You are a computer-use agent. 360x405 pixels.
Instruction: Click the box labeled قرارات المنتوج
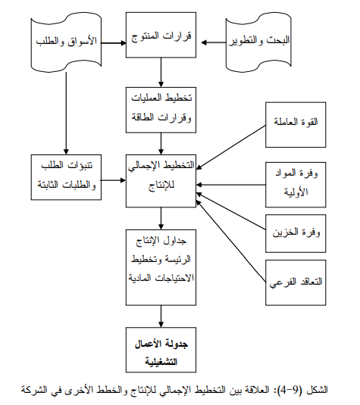coord(161,35)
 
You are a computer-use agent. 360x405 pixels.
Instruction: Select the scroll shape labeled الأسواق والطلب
coord(66,42)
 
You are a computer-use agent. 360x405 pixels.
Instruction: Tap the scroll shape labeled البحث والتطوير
coord(258,42)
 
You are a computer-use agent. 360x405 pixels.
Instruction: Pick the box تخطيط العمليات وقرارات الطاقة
coord(161,110)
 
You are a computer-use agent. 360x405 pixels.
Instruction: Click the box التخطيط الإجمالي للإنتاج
coord(161,181)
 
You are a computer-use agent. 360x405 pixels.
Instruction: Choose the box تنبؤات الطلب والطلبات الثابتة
coord(66,177)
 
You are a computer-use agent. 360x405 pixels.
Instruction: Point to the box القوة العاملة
coord(296,125)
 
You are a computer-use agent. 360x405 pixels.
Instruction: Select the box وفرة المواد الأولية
coord(296,185)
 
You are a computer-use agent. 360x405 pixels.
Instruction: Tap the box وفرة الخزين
coord(296,233)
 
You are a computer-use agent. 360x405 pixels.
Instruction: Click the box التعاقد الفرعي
coord(296,282)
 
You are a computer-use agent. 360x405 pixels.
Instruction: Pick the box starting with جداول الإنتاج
coord(161,267)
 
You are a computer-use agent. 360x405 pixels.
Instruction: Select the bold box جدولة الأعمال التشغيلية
coord(161,350)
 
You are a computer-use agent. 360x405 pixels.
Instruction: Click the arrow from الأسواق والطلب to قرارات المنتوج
coord(114,43)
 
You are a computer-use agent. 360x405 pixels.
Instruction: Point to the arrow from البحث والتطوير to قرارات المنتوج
coord(214,42)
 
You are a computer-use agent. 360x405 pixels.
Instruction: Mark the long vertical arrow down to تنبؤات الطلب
coord(66,113)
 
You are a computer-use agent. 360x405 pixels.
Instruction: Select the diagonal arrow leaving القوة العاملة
coord(231,148)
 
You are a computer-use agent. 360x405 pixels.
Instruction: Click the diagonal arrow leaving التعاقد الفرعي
coord(231,241)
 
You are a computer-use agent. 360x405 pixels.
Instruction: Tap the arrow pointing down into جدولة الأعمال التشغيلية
coord(161,316)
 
